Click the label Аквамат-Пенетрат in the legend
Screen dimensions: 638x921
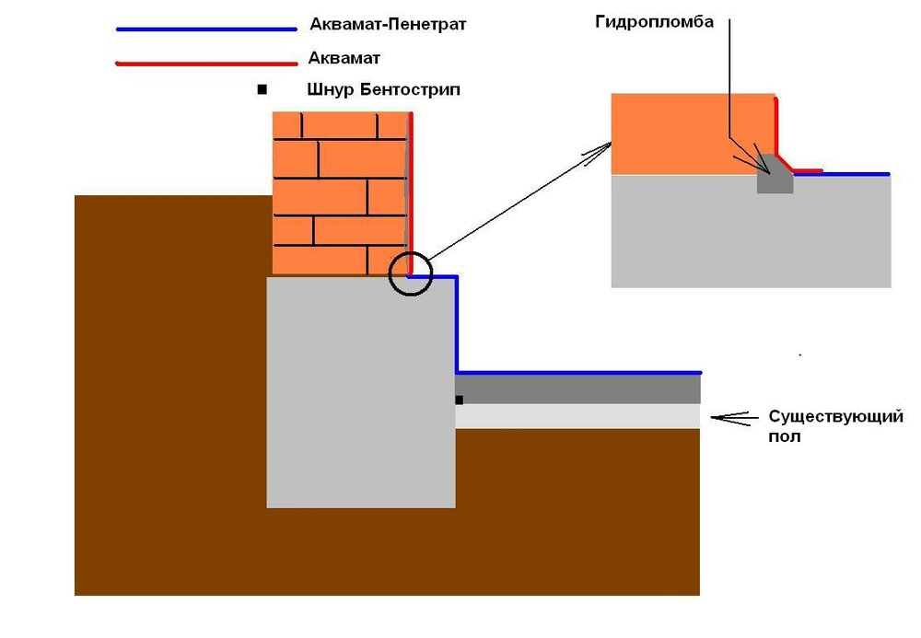[389, 25]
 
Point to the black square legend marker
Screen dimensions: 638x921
[262, 90]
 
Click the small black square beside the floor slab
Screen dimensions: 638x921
[459, 400]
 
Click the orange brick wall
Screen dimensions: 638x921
[341, 193]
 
